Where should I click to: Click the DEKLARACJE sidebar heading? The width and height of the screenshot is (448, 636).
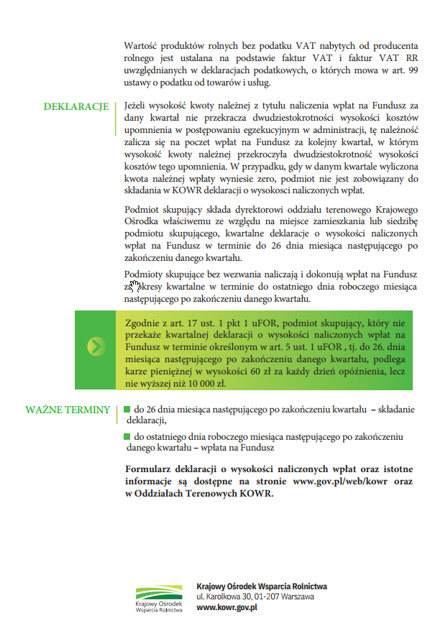pyautogui.click(x=76, y=107)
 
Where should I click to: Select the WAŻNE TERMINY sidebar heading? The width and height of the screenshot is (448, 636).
pyautogui.click(x=68, y=410)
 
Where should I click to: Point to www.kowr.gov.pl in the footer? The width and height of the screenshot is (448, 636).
pyautogui.click(x=227, y=607)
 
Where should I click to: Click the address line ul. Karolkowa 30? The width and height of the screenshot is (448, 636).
pyautogui.click(x=255, y=597)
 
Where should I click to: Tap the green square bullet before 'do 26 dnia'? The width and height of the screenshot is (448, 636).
pyautogui.click(x=127, y=410)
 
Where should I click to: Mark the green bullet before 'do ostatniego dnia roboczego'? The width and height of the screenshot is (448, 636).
pyautogui.click(x=127, y=436)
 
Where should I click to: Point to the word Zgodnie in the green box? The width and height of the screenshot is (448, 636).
pyautogui.click(x=142, y=323)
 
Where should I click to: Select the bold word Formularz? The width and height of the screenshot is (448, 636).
pyautogui.click(x=150, y=470)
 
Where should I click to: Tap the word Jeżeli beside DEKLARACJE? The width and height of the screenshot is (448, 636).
pyautogui.click(x=138, y=106)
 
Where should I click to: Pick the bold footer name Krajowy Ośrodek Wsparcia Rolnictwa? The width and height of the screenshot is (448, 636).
pyautogui.click(x=262, y=586)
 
